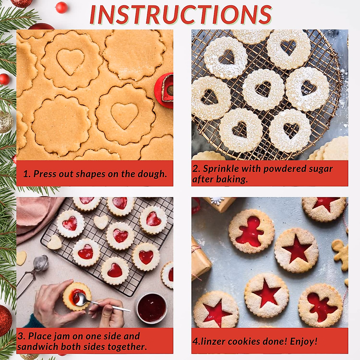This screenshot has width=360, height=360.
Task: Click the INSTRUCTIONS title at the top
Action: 181,14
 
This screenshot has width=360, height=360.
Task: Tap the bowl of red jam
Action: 151,307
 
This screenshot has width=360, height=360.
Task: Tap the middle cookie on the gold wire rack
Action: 263,89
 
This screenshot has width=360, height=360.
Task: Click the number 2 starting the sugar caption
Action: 196,169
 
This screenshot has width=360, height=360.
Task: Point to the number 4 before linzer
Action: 195,341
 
